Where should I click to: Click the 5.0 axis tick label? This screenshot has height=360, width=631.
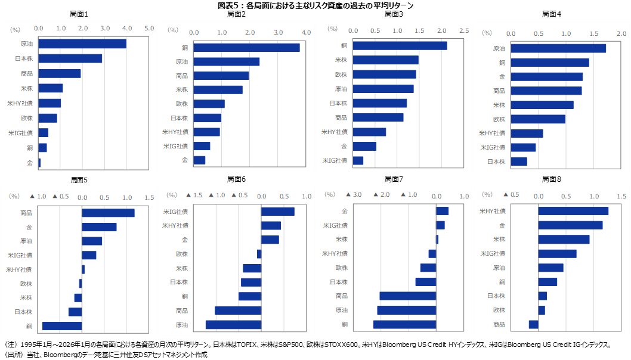(x=149, y=28)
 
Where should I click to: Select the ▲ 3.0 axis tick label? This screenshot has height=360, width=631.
(x=354, y=195)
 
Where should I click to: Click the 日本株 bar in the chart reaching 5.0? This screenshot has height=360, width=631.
(x=70, y=58)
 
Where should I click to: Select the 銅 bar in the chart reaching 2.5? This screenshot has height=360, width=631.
(x=400, y=46)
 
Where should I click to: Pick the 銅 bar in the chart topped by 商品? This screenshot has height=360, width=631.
(x=62, y=326)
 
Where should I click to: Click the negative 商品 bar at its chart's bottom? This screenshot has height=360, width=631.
(x=533, y=324)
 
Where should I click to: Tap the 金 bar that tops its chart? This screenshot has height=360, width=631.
(x=442, y=211)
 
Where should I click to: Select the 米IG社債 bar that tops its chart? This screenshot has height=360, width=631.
(x=278, y=211)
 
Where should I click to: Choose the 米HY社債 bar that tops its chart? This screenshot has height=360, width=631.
(x=573, y=210)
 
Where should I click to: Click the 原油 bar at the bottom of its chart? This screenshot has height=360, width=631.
(x=233, y=325)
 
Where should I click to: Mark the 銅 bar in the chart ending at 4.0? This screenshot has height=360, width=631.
(x=246, y=48)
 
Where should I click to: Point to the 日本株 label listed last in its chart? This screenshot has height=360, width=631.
(x=496, y=162)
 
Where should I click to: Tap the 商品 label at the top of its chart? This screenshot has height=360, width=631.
(x=26, y=213)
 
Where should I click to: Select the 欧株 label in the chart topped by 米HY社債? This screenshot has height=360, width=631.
(x=499, y=310)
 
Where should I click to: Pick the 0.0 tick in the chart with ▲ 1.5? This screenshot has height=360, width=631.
(x=262, y=195)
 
